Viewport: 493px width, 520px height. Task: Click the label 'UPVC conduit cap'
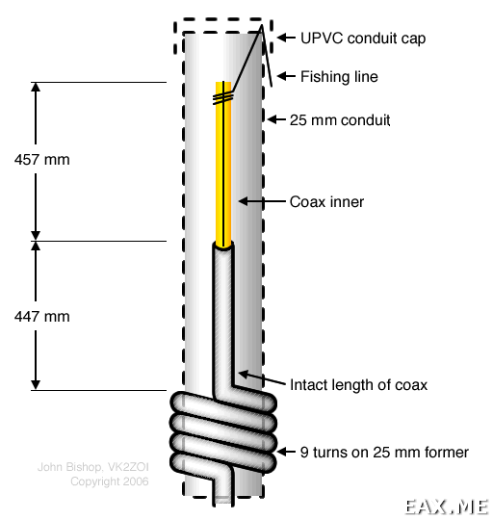[x=363, y=39]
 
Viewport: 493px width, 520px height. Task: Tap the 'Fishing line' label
[x=339, y=77]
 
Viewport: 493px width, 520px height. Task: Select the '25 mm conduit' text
[x=340, y=120]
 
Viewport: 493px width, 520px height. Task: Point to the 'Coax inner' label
[x=326, y=201]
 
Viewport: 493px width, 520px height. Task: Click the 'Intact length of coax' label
[x=358, y=385]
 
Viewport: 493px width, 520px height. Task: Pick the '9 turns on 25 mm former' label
[x=384, y=453]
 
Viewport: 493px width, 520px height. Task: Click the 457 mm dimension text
[x=42, y=160]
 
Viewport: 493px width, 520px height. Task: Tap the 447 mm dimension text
[x=42, y=317]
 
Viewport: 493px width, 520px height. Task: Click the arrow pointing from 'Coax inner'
[x=262, y=201]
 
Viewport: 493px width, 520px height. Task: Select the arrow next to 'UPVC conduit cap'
[x=286, y=38]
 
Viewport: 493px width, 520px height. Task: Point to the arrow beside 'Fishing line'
[x=286, y=76]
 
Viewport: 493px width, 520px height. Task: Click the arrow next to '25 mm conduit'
[x=276, y=119]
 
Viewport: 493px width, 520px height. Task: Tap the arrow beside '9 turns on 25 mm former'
[x=286, y=452]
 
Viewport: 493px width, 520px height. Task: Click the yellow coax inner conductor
[x=223, y=164]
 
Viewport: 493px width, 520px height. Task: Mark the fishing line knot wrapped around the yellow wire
[x=223, y=98]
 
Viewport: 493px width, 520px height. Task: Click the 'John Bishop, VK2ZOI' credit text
[x=92, y=467]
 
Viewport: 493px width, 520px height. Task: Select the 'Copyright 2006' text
[x=110, y=481]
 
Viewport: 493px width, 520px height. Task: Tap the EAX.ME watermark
[x=447, y=507]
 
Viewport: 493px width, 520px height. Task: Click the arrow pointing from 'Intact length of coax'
[x=262, y=378]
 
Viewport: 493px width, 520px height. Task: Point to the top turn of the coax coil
[x=222, y=403]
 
